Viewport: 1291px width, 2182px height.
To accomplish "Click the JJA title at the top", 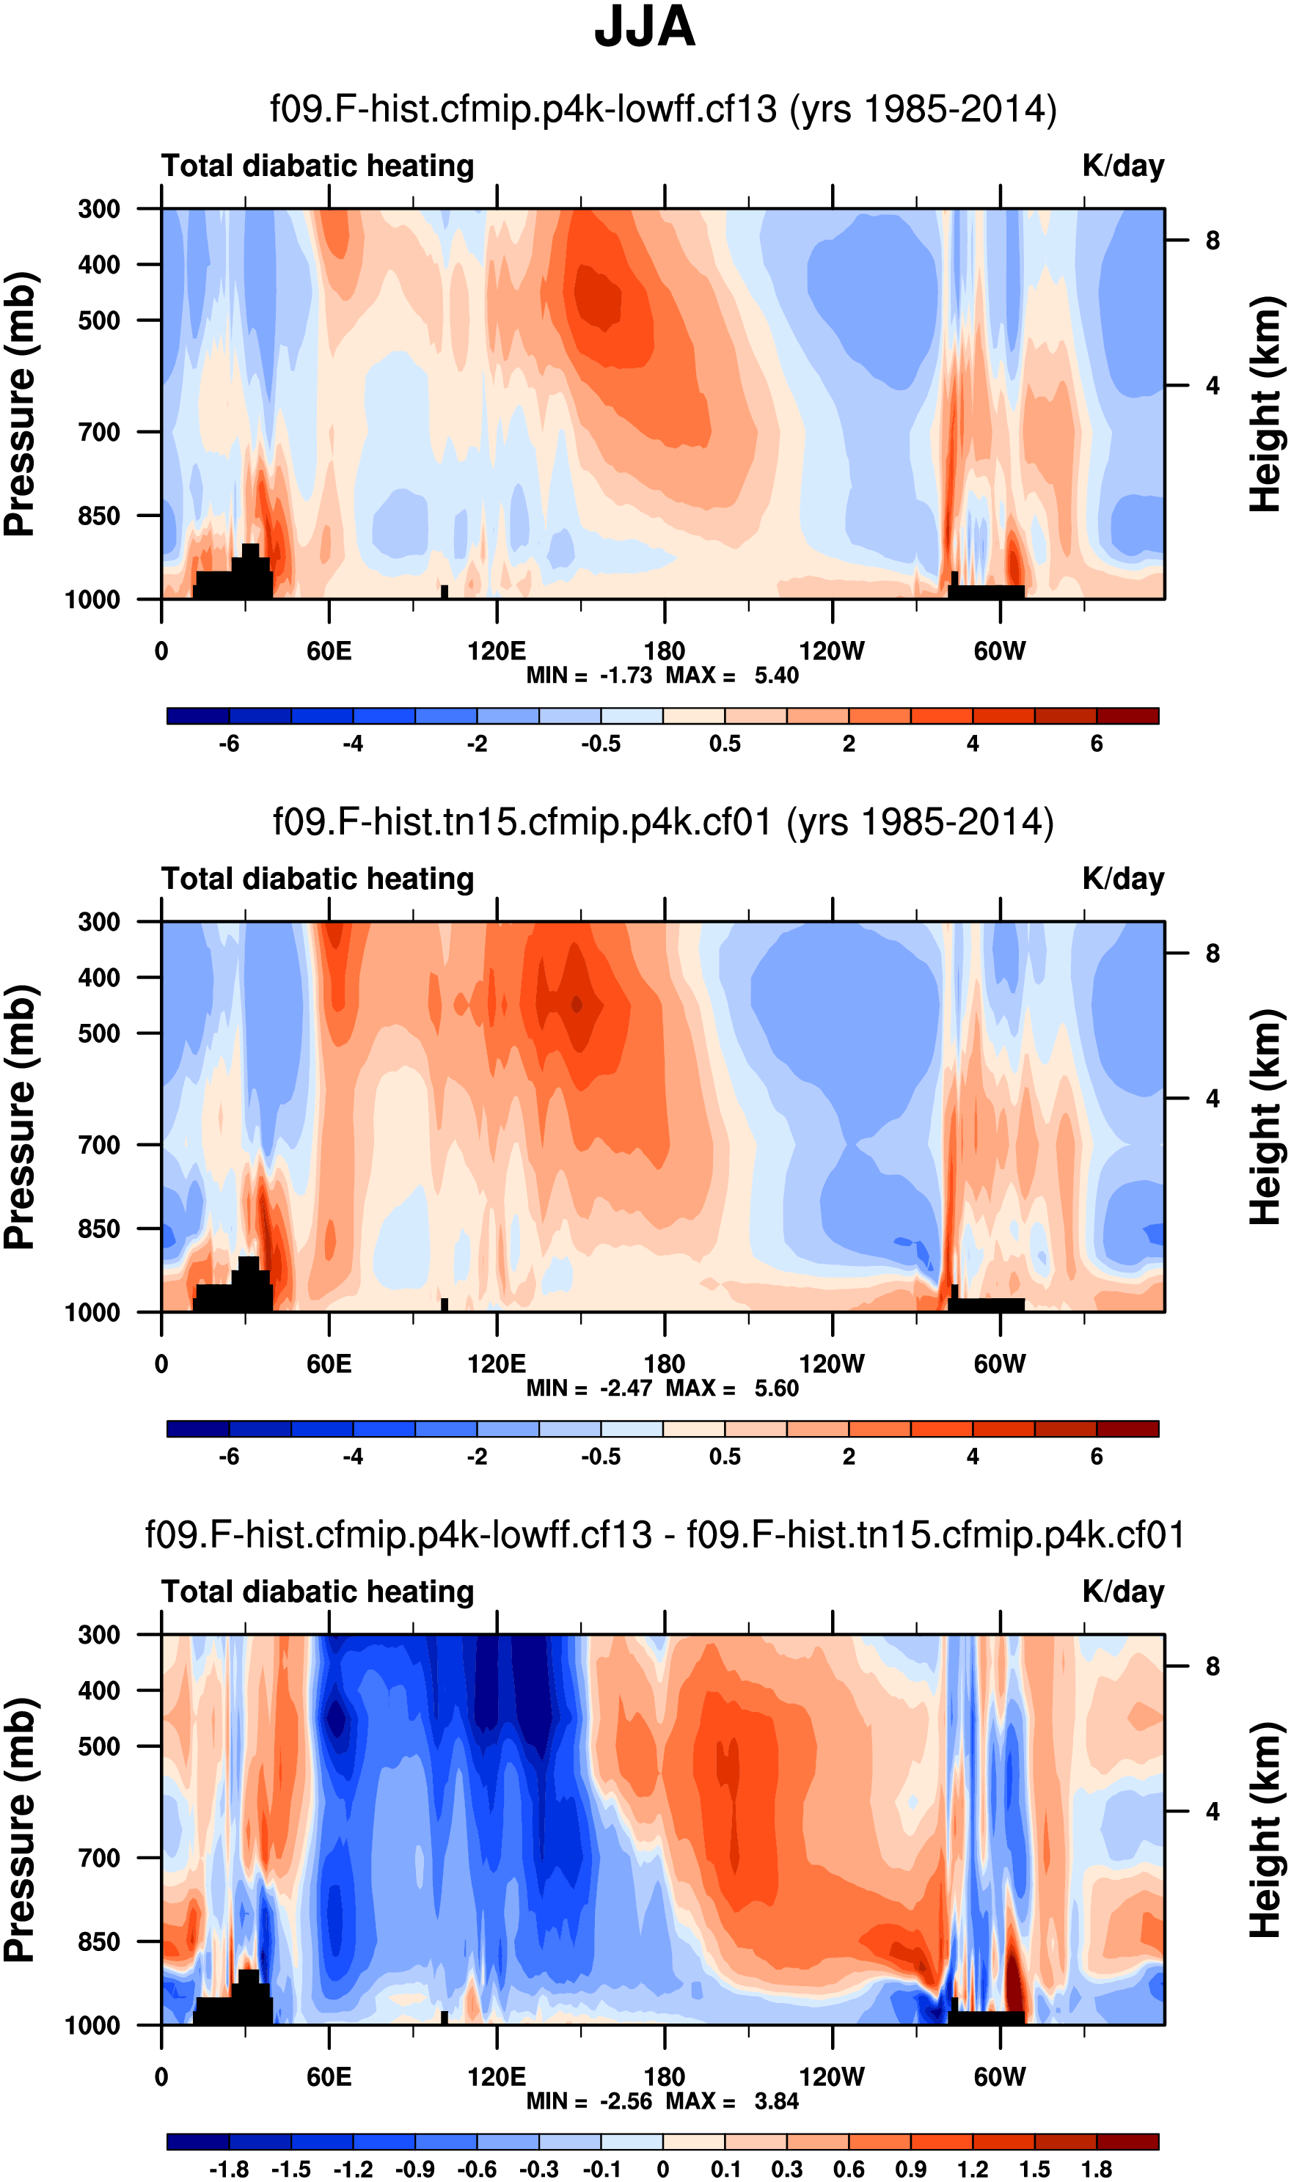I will (645, 28).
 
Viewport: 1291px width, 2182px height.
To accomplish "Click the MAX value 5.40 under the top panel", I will (776, 676).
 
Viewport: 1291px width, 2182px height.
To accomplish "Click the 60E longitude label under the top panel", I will (329, 651).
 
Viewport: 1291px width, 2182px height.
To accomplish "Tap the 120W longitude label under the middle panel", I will (832, 1363).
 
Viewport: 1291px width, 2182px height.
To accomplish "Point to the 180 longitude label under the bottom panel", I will (665, 2077).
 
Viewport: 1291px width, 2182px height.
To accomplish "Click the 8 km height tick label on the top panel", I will (1213, 241).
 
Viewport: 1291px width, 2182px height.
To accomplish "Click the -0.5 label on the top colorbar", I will (601, 744).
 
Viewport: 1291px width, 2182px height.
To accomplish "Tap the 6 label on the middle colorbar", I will (1097, 1457).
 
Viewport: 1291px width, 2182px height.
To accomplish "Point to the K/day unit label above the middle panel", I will (1123, 879).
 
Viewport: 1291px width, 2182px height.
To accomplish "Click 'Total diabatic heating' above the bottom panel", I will (318, 1592).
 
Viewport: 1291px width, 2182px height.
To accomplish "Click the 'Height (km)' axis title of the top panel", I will (1267, 404).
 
